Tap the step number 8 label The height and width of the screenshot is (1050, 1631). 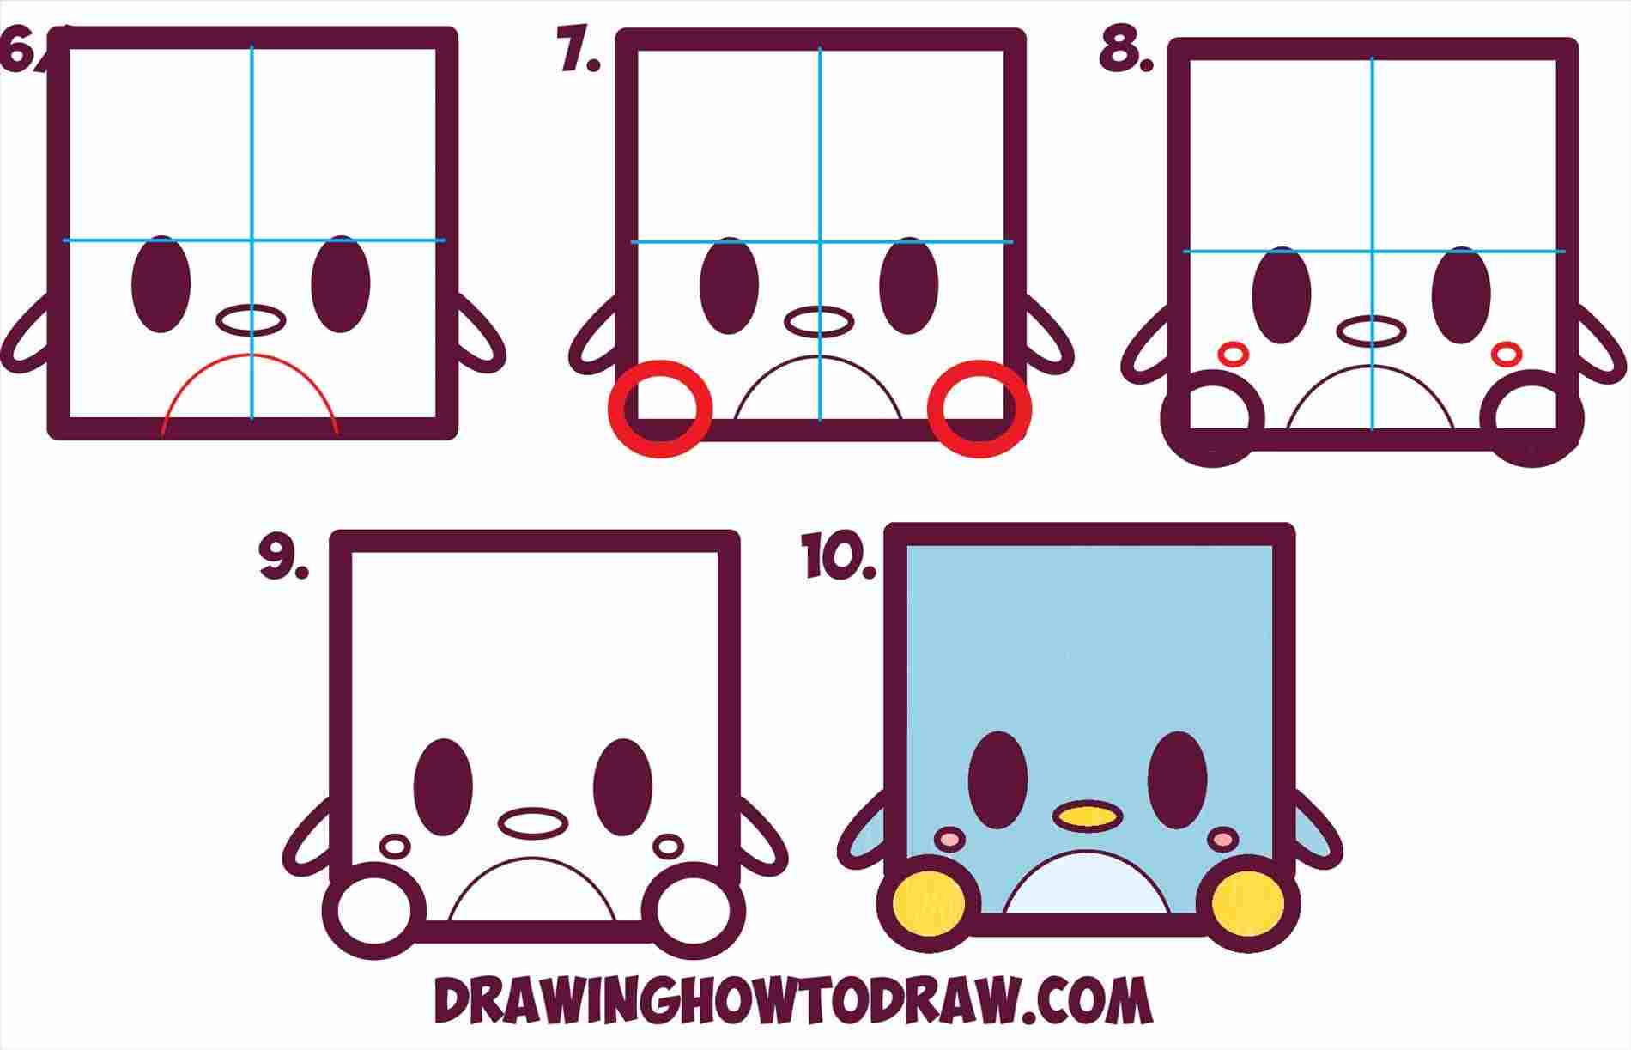(x=1125, y=52)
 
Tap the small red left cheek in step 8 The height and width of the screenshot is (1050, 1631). (x=1234, y=353)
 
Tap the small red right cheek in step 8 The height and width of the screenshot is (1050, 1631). (x=1506, y=352)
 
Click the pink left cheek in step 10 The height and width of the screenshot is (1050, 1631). (x=950, y=837)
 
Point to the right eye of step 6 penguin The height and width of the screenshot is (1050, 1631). (x=341, y=283)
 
